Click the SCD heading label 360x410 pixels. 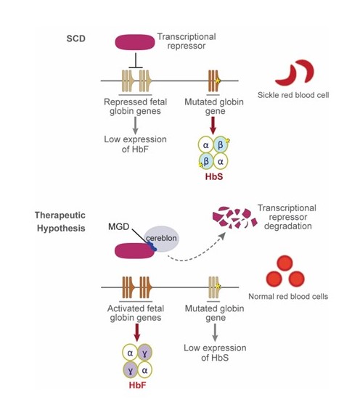coord(75,38)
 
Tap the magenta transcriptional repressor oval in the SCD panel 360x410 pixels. coord(135,42)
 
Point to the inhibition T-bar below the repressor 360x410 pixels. coord(136,61)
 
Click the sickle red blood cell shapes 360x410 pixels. coord(295,73)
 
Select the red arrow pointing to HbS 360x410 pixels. coord(213,126)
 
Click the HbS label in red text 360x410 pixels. coord(214,176)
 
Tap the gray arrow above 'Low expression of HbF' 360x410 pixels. coord(135,126)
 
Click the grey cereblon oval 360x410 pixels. coord(162,239)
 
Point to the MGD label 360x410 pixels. coord(119,226)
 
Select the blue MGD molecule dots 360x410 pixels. coord(152,247)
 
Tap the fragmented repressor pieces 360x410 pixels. coord(234,218)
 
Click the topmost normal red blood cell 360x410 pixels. coord(285,263)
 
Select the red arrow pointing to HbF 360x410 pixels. coord(136,332)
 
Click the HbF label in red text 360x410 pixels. coord(137,385)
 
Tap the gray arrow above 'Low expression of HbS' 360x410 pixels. coord(215,332)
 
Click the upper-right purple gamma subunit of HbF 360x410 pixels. coord(144,353)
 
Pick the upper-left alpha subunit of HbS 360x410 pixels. coord(205,144)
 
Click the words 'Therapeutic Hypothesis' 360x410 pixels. coord(60,222)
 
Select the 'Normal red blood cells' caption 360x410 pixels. coord(288,297)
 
